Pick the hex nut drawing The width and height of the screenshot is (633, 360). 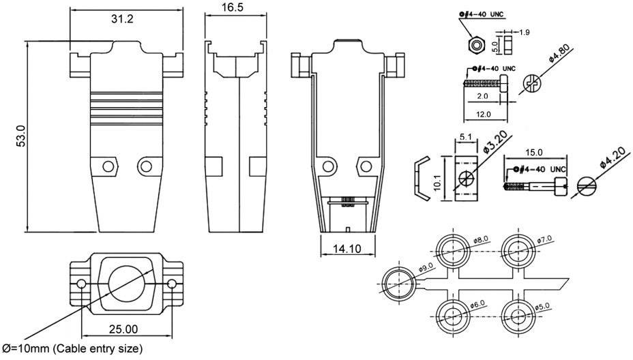coord(470,46)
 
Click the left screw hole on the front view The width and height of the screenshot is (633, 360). coord(106,166)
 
